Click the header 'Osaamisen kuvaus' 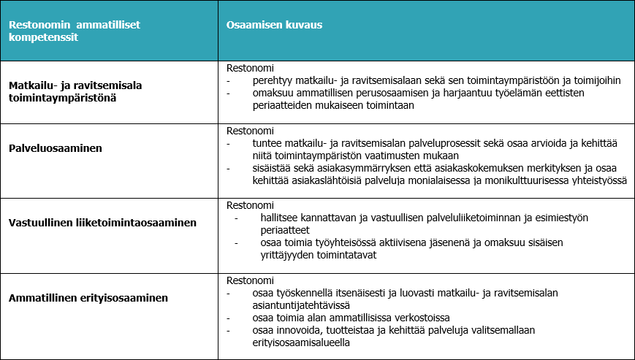[x=274, y=25]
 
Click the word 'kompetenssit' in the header [x=43, y=37]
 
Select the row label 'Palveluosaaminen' [x=55, y=148]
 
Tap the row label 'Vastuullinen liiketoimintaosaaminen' [x=102, y=223]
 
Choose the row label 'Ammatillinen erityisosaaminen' [x=88, y=298]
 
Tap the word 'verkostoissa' [x=418, y=318]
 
